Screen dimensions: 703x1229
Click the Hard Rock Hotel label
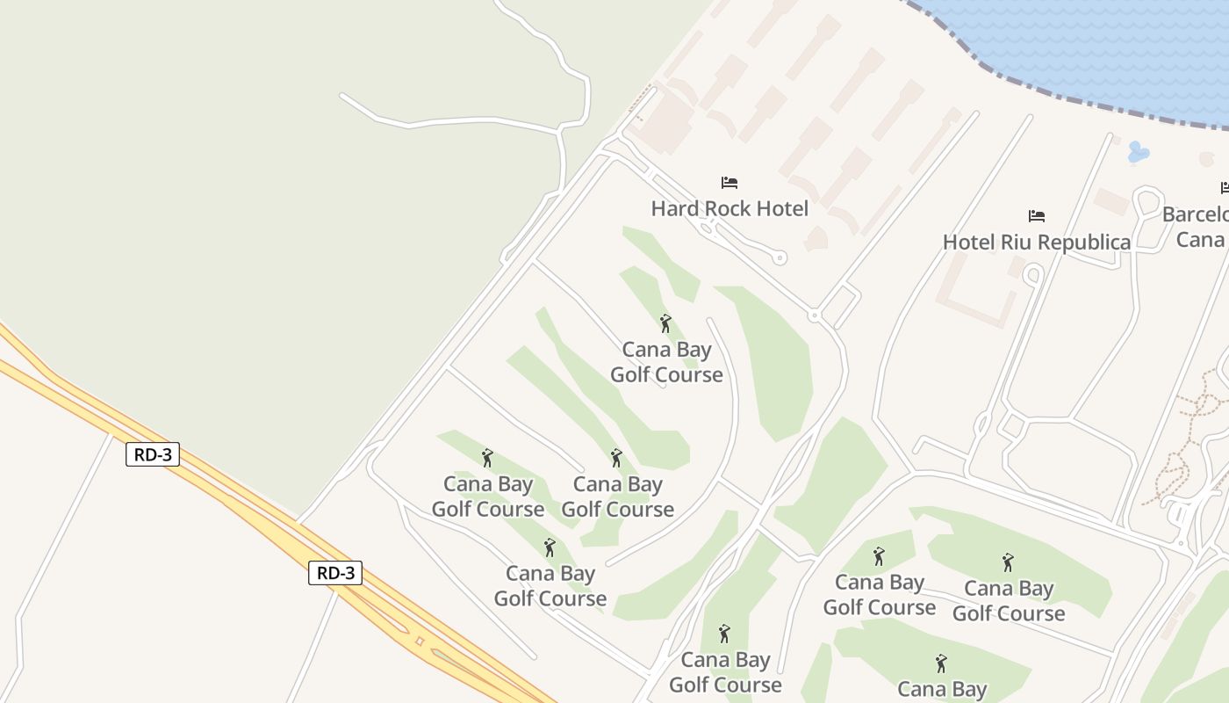[x=729, y=208]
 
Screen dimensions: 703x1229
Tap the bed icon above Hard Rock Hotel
[x=729, y=183]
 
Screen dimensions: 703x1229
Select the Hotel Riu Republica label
[x=1036, y=242]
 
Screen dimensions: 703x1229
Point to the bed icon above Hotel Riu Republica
[x=1037, y=216]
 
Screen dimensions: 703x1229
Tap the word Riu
[x=1011, y=242]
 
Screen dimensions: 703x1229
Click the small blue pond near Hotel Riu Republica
[x=1138, y=152]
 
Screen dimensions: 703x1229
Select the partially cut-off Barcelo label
[x=1196, y=214]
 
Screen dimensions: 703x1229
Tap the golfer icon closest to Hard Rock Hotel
[x=665, y=323]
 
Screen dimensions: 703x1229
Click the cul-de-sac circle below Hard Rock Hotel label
[x=780, y=258]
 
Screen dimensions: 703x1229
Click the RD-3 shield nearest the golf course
[x=335, y=573]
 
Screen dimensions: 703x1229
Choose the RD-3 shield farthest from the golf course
[x=153, y=454]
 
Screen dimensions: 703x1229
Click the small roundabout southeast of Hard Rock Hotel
[x=815, y=315]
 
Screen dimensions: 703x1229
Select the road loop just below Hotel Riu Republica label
[x=1033, y=275]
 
